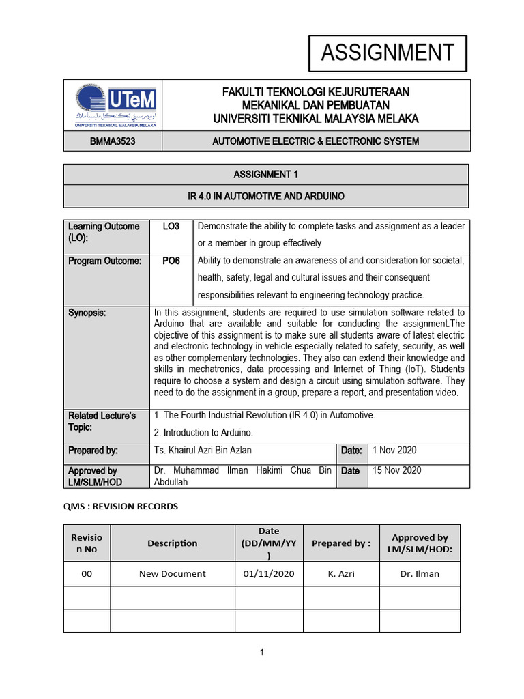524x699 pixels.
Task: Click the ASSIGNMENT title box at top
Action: pyautogui.click(x=388, y=53)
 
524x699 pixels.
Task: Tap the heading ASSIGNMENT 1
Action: pyautogui.click(x=266, y=174)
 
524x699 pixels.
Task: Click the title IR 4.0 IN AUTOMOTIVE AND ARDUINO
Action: pyautogui.click(x=266, y=197)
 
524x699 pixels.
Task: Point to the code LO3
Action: pyautogui.click(x=171, y=227)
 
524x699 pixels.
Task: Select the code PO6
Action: pyautogui.click(x=171, y=261)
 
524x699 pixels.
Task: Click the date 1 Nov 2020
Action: pyautogui.click(x=394, y=451)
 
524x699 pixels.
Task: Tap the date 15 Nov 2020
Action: pyautogui.click(x=396, y=471)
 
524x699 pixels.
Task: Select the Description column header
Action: pyautogui.click(x=173, y=543)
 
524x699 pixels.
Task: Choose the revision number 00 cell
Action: pyautogui.click(x=87, y=574)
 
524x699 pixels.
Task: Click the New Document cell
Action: pyautogui.click(x=173, y=574)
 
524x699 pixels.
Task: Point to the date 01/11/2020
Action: pyautogui.click(x=269, y=574)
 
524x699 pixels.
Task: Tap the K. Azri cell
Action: pyautogui.click(x=341, y=574)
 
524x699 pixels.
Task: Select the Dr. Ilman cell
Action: pyautogui.click(x=420, y=574)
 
